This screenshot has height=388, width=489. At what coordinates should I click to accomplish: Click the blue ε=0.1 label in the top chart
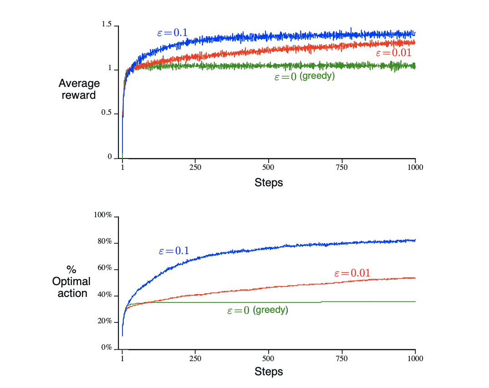[172, 32]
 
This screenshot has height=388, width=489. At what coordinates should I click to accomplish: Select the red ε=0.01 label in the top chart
[393, 53]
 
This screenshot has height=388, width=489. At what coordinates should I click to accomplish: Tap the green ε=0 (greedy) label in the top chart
[304, 77]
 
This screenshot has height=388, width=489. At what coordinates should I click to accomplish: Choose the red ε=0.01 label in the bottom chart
[352, 273]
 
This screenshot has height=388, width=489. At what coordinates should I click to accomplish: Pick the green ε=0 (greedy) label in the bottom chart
[257, 311]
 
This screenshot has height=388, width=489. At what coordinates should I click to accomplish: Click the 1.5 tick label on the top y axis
[107, 25]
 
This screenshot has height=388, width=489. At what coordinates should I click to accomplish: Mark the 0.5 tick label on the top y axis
[107, 113]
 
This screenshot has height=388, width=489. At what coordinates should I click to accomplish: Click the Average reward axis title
[79, 89]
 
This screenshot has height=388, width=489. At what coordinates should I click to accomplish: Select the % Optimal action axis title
[71, 281]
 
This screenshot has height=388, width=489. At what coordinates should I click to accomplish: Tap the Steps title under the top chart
[269, 183]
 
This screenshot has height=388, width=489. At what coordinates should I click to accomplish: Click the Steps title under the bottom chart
[269, 371]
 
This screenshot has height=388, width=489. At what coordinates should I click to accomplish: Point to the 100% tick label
[103, 215]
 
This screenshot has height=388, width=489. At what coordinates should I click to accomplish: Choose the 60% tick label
[104, 268]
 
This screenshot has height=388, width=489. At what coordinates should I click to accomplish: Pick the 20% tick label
[104, 321]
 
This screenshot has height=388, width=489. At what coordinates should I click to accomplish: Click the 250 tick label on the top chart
[195, 167]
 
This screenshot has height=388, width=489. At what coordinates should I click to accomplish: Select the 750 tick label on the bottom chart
[341, 358]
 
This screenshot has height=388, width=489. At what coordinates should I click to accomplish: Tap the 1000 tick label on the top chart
[415, 167]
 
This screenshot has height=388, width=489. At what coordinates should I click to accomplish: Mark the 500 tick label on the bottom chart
[269, 358]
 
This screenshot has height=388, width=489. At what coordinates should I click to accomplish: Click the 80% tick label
[104, 241]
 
